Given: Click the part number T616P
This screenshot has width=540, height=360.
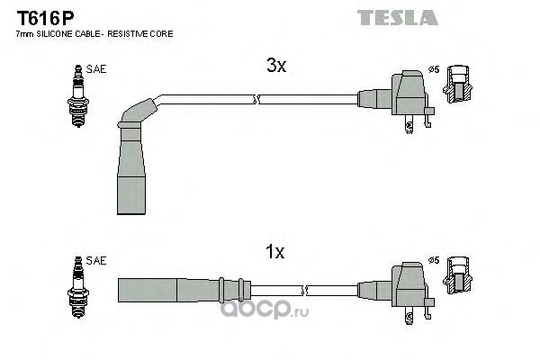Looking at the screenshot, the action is [x=46, y=18].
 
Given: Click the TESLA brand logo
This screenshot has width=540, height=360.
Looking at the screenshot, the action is [x=398, y=18].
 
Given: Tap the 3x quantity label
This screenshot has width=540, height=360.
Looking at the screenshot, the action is [x=276, y=65].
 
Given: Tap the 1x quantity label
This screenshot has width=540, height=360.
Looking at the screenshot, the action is [x=274, y=252].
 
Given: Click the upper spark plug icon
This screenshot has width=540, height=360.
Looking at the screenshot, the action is [x=78, y=95].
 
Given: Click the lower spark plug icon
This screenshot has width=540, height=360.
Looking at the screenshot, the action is [x=78, y=287].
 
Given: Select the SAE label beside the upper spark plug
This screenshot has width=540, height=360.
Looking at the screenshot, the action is [x=96, y=69].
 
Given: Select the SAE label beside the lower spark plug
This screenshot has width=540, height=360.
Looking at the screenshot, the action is [x=96, y=261].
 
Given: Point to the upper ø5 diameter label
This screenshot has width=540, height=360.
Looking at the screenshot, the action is [x=434, y=69].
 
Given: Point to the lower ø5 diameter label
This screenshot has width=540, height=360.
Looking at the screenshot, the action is [x=434, y=260].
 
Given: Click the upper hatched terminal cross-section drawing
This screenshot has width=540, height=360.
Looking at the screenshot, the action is [x=457, y=84].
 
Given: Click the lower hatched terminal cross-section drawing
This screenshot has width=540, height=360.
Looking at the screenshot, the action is [x=457, y=275].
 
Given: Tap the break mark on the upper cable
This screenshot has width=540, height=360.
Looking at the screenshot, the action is [x=256, y=100].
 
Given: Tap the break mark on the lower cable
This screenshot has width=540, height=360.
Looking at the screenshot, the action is [x=304, y=291].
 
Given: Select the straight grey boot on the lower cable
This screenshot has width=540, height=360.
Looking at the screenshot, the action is [x=184, y=290].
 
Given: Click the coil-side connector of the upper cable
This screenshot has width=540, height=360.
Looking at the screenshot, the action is [x=396, y=100].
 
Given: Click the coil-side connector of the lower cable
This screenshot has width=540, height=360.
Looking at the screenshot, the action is [x=396, y=291].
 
